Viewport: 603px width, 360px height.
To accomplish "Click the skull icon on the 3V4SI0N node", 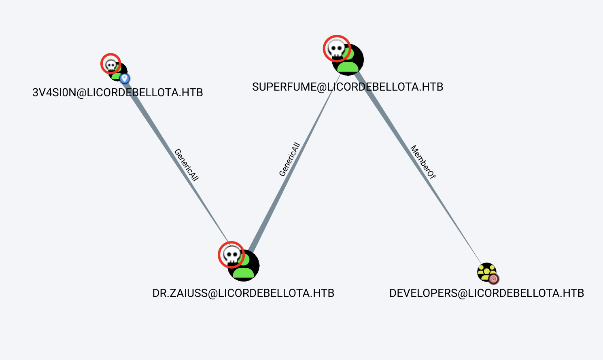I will tap(110, 64).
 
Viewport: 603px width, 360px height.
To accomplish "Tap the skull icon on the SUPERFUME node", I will tap(336, 49).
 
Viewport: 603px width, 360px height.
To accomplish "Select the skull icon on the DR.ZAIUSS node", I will tap(231, 255).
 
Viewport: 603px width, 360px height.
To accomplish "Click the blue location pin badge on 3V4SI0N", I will tap(125, 78).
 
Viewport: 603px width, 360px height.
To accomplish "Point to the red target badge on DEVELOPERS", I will tap(493, 279).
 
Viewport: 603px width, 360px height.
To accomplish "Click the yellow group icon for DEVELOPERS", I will tap(486, 272).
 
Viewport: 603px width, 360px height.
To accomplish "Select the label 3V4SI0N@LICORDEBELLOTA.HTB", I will tap(117, 93).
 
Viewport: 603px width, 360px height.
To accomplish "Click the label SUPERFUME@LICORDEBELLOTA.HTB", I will tap(348, 87).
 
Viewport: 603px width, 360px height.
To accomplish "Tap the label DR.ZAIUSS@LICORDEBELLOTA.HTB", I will tap(243, 293).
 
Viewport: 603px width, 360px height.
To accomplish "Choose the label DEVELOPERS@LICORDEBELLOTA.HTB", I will tap(486, 293).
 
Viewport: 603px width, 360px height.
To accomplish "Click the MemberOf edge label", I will tap(423, 162).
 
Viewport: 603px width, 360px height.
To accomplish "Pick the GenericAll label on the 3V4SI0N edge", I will tap(187, 165).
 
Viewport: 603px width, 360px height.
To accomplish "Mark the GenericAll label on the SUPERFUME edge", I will tap(290, 159).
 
